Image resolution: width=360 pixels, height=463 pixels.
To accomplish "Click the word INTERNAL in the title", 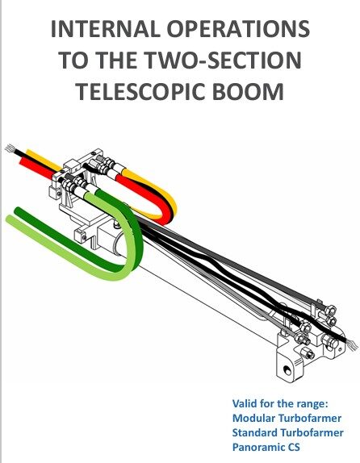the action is (106, 29).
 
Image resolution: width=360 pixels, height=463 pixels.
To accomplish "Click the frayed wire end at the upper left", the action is (10, 148).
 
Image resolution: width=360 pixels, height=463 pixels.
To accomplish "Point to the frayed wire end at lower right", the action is (352, 344).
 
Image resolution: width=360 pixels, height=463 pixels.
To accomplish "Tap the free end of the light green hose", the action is (10, 219).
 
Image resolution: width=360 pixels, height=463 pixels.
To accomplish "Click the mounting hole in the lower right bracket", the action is (286, 369).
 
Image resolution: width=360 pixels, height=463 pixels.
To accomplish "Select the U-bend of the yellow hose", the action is (172, 205).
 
